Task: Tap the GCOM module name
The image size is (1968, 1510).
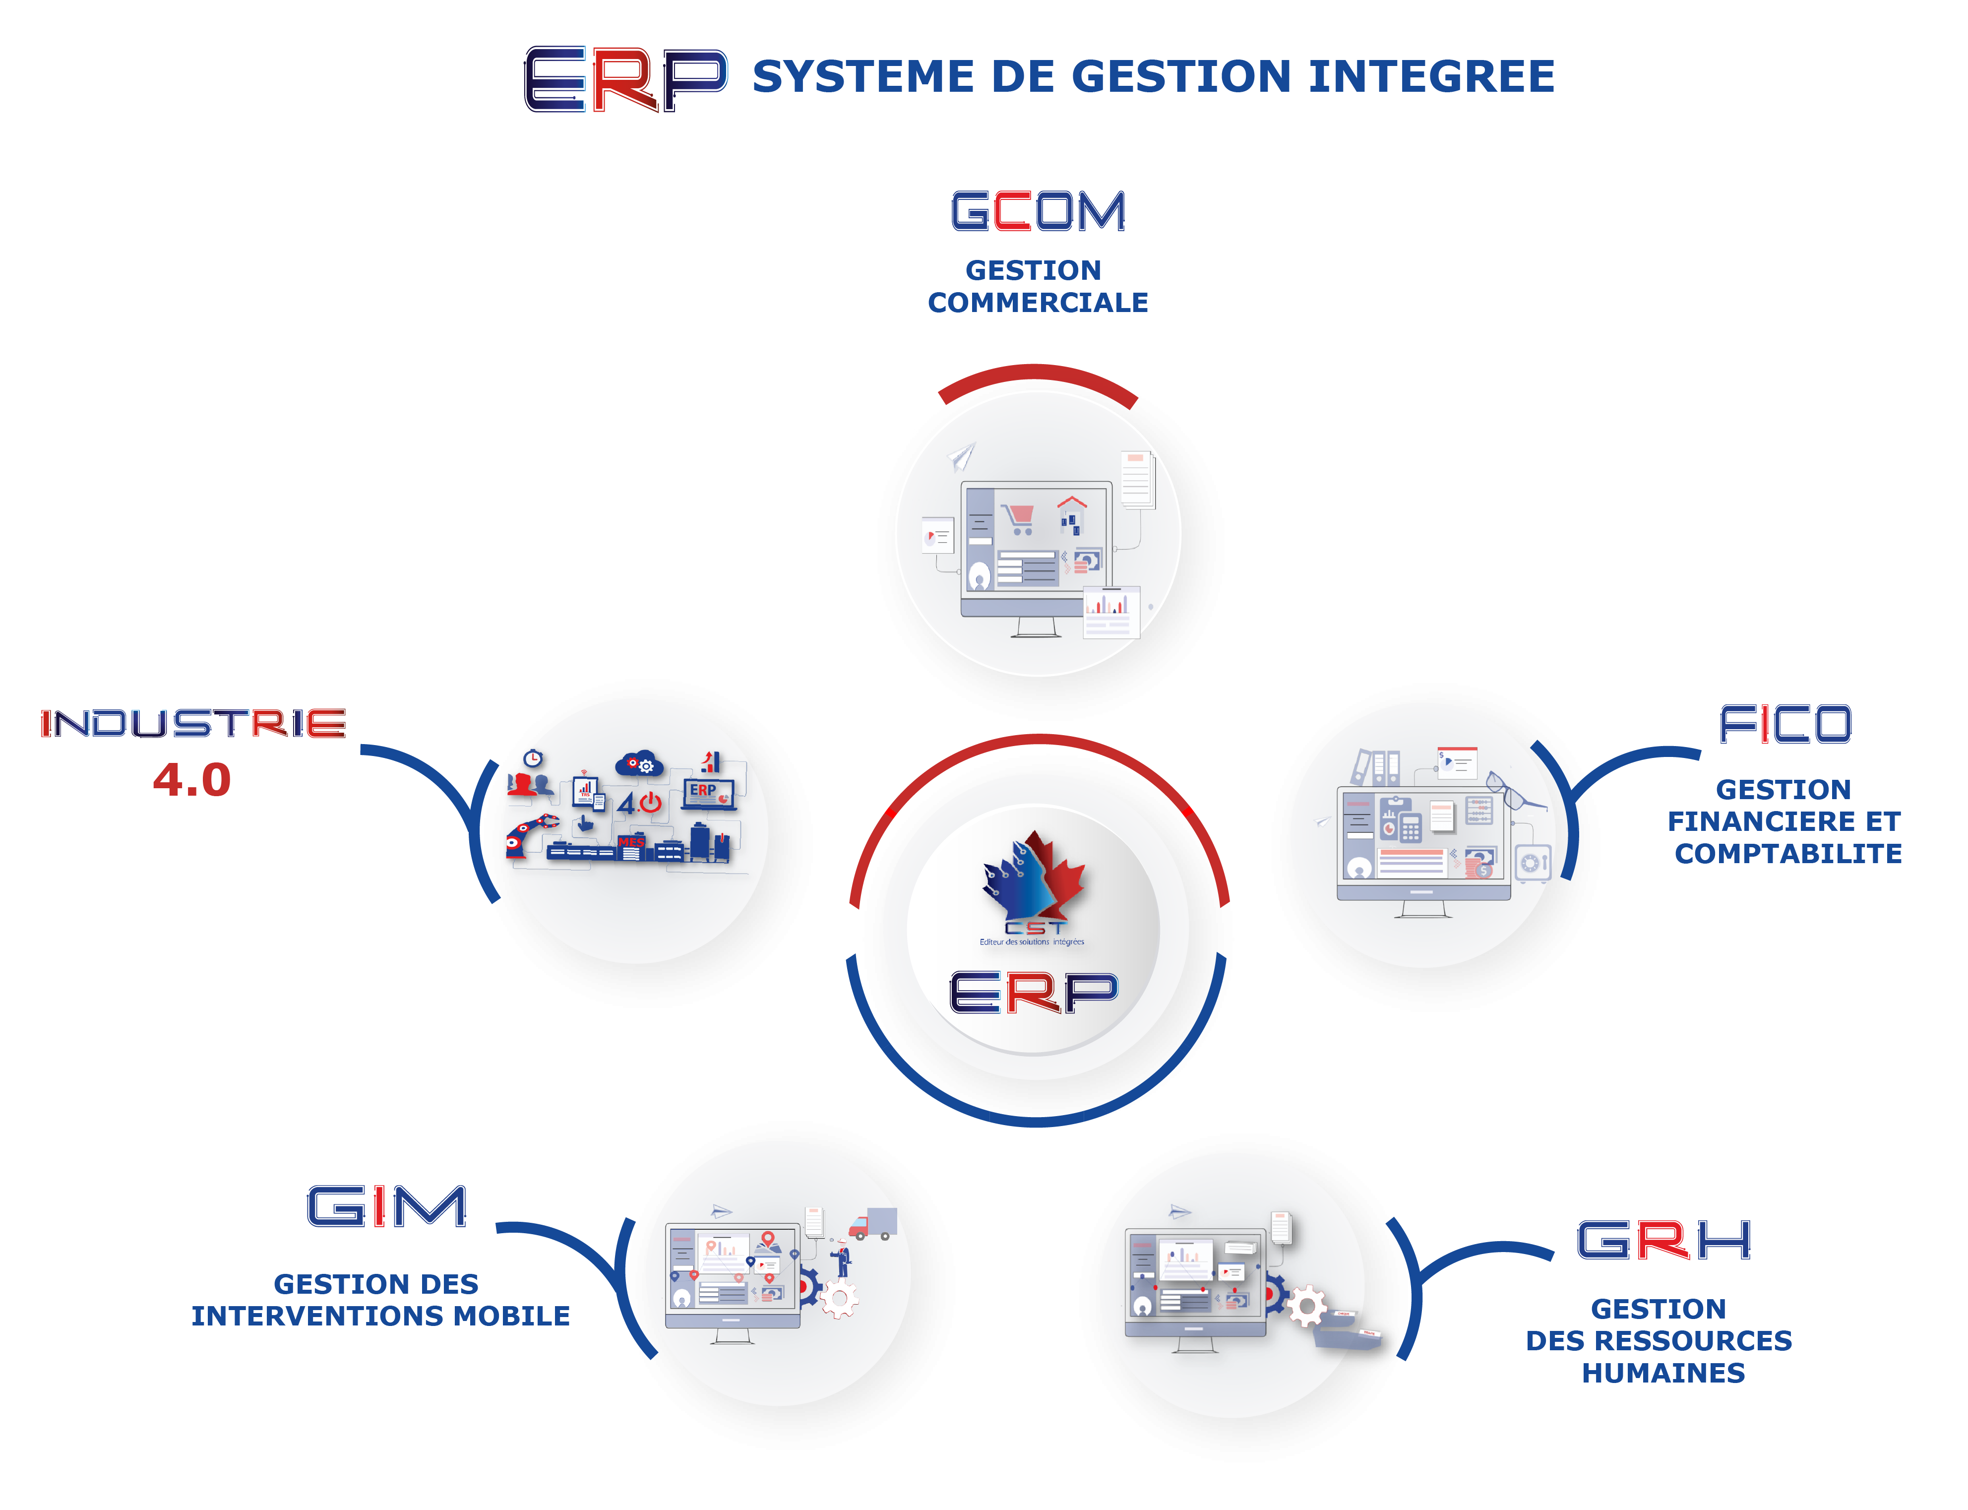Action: point(1038,211)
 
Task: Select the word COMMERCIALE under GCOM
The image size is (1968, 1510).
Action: point(1038,303)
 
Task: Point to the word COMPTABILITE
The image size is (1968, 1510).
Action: point(1788,853)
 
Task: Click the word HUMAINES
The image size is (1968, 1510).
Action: point(1663,1373)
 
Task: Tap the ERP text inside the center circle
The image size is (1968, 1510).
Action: point(1034,992)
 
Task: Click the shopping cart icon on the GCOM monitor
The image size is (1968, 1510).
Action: point(1019,518)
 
